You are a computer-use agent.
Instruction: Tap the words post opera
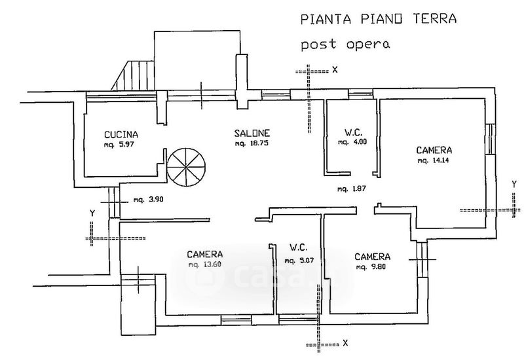pos(345,45)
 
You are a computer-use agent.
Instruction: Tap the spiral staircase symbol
pos(186,166)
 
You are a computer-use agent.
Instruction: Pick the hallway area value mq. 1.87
pos(350,190)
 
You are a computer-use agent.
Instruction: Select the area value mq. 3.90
pos(147,200)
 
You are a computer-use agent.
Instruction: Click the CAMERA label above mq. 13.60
pos(204,254)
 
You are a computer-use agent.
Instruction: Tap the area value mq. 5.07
pos(298,261)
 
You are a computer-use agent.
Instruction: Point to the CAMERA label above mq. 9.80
pos(373,256)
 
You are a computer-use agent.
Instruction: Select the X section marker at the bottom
pos(345,342)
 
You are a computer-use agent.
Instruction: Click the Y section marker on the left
pos(93,213)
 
